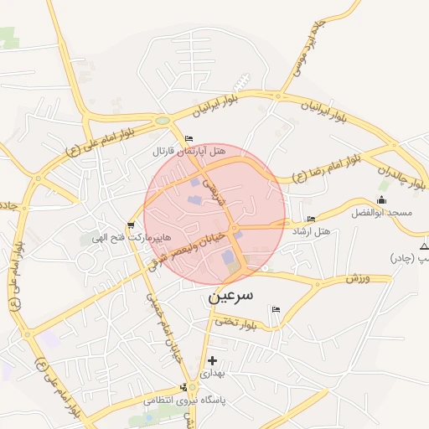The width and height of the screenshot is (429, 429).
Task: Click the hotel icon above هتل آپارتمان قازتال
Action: pyautogui.click(x=189, y=138)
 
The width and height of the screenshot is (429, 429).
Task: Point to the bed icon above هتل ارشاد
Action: pyautogui.click(x=312, y=220)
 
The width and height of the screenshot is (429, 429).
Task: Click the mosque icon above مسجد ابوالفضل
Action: pyautogui.click(x=382, y=199)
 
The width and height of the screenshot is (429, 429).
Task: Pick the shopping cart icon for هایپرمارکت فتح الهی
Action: pyautogui.click(x=131, y=225)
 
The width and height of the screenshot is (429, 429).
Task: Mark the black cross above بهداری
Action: pyautogui.click(x=212, y=360)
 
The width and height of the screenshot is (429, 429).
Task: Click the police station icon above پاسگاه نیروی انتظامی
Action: pyautogui.click(x=184, y=387)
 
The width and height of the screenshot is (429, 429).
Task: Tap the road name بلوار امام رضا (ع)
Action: pyautogui.click(x=326, y=168)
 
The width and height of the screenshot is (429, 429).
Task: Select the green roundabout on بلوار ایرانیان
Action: pyautogui.click(x=162, y=121)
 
